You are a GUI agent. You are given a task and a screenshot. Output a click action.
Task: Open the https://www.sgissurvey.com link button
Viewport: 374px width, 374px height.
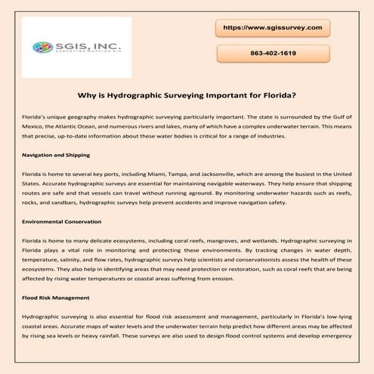(x=274, y=27)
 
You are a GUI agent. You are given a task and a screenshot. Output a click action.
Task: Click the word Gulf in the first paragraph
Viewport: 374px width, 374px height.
(x=340, y=118)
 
